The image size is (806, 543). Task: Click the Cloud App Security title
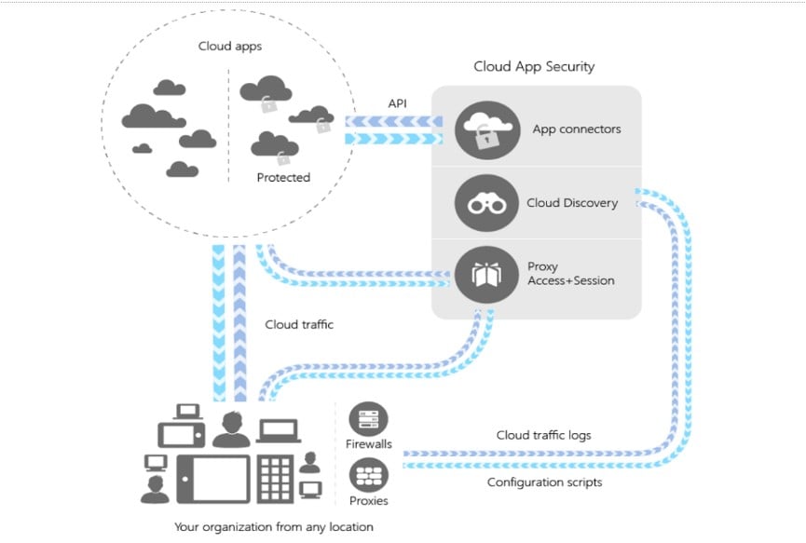534,66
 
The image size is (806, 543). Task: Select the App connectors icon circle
486,129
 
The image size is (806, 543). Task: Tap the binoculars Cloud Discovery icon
486,202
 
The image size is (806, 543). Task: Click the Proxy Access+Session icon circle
486,274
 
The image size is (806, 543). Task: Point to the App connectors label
576,129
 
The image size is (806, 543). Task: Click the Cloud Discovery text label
571,203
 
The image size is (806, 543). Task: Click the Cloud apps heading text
228,46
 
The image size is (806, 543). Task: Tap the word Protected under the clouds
282,177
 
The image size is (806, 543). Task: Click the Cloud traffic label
299,325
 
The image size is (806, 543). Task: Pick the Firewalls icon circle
368,419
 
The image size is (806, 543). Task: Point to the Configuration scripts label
545,482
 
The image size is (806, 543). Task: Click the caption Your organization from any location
274,527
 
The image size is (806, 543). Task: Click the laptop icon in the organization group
278,431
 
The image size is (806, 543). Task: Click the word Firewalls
368,444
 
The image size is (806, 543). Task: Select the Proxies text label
368,500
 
